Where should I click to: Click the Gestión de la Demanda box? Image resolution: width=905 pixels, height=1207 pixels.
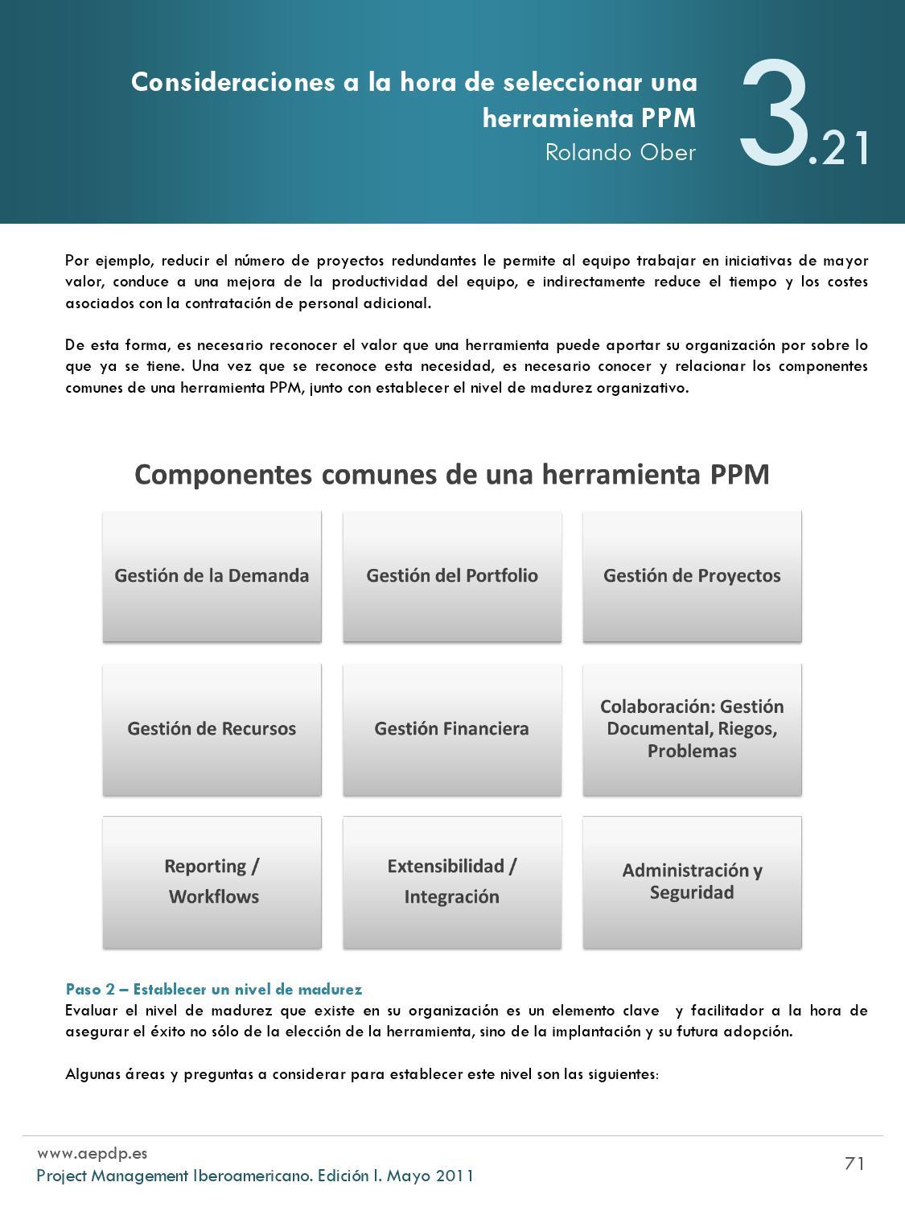212,576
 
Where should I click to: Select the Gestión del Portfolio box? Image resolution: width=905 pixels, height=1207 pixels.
452,576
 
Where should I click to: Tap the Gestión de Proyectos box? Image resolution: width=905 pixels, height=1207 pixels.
692,576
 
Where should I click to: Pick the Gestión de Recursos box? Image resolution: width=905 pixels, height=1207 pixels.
212,729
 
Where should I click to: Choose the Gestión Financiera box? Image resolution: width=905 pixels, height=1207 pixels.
452,729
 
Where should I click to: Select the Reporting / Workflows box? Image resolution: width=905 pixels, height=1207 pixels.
212,882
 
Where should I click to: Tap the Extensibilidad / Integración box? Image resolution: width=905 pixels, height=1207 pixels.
452,882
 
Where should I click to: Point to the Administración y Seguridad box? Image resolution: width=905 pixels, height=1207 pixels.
692,882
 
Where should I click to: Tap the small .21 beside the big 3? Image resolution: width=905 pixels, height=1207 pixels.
841,150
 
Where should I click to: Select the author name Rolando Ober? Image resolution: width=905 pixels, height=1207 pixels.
620,152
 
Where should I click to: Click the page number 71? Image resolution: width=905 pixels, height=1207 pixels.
854,1164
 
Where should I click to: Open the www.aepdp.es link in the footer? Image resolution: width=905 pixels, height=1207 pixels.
92,1153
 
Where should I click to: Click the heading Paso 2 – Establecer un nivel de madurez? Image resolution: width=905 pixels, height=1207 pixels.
214,990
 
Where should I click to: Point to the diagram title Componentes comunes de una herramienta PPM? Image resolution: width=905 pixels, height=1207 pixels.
451,475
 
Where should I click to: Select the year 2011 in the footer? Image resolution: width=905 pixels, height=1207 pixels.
455,1176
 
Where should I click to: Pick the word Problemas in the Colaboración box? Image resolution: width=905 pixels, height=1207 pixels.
692,752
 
